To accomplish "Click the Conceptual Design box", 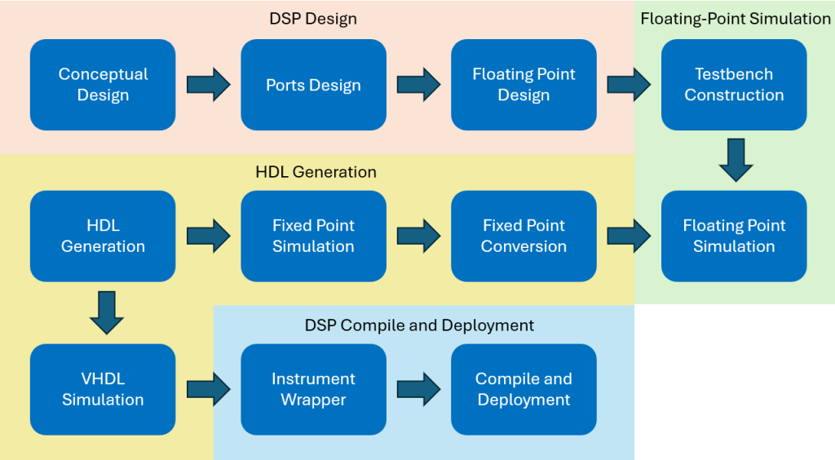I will [x=103, y=85].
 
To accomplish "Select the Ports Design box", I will [x=313, y=85].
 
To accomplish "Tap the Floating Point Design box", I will [x=524, y=85].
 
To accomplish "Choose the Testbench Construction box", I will [x=734, y=85].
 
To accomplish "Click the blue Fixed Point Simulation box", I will [x=313, y=237].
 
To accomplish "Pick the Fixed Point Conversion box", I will [x=524, y=237].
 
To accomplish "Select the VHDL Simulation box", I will [x=103, y=390].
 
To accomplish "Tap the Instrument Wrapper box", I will [x=313, y=390].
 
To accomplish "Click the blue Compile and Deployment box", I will [x=524, y=390].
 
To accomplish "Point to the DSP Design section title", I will [x=313, y=19].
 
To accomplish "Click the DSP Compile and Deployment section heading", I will [x=419, y=325].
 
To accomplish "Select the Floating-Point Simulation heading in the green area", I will [x=736, y=19].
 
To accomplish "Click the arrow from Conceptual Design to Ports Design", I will [x=208, y=85].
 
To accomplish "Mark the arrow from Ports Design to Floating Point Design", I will [x=418, y=85].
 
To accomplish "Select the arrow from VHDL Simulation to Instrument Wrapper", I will [x=208, y=390].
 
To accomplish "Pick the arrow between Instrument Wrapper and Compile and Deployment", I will [x=418, y=390].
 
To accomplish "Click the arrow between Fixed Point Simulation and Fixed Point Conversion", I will [x=418, y=237].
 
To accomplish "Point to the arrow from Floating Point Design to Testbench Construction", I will [x=629, y=85].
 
